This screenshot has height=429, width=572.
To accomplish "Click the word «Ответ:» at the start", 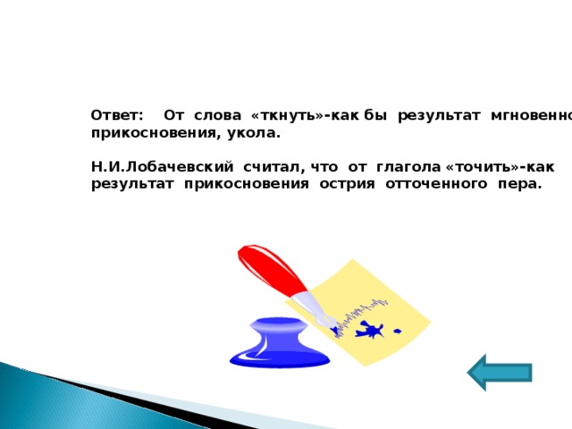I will [117, 116].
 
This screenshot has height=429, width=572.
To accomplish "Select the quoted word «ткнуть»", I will [281, 116].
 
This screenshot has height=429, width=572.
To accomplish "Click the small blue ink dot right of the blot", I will [398, 332].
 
